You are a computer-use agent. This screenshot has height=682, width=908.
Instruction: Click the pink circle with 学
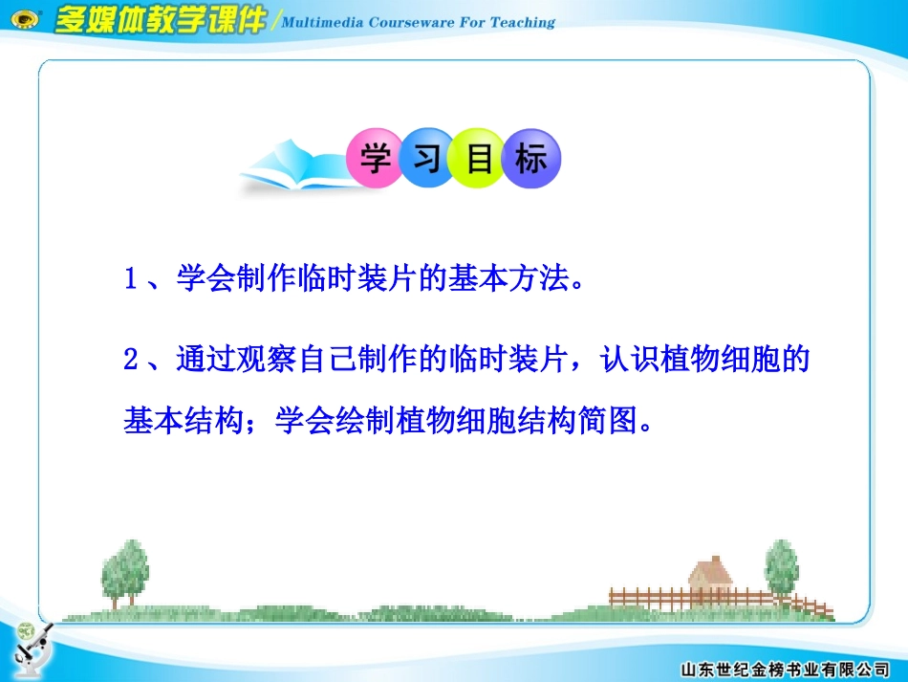point(377,159)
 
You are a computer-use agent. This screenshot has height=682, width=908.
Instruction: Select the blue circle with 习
point(427,159)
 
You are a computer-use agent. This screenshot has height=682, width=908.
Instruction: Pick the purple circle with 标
point(531,159)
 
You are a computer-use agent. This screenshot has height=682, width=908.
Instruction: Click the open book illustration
point(292,166)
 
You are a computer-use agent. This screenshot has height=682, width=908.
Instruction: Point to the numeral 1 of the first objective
point(132,281)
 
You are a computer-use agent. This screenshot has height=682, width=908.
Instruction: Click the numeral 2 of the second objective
point(132,361)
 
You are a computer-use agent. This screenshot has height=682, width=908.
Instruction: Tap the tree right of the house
point(781,568)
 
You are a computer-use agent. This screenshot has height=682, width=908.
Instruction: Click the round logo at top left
point(26,19)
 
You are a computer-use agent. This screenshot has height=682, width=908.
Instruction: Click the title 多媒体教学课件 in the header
point(160,18)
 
